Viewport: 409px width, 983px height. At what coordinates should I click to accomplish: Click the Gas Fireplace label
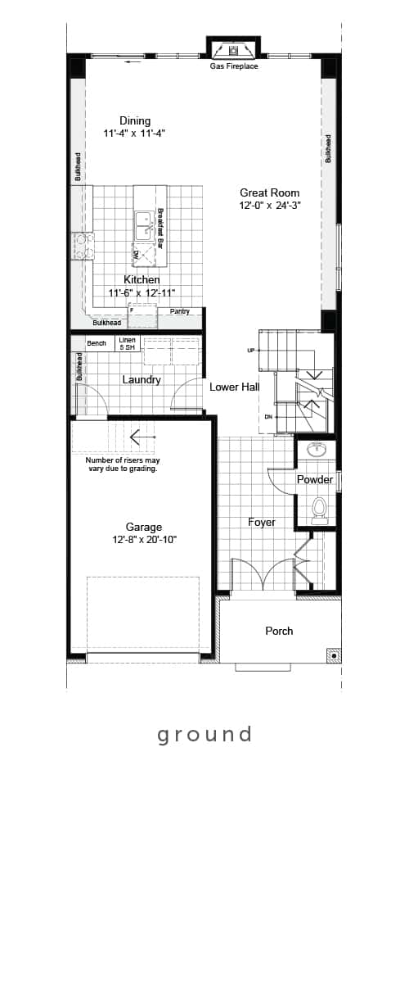tap(234, 66)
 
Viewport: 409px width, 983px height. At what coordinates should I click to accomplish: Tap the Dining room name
tap(135, 120)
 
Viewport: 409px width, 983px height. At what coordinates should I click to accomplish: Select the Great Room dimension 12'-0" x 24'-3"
tap(270, 206)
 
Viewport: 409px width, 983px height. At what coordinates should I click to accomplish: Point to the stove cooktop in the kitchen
tap(83, 245)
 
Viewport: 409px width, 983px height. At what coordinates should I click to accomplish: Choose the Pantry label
tap(180, 311)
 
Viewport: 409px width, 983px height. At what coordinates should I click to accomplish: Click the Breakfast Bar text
tap(160, 229)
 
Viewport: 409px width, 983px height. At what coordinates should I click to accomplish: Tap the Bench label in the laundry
tap(97, 343)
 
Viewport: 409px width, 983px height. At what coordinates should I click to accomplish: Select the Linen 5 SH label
tap(127, 343)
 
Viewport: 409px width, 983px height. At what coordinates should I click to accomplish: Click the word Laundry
tap(142, 379)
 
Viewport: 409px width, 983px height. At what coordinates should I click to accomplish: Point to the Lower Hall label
tap(235, 387)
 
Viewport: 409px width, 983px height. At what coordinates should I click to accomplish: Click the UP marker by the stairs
tap(251, 351)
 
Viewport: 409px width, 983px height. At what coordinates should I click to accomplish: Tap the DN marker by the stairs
tap(268, 416)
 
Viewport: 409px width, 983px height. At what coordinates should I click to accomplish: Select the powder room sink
tap(316, 450)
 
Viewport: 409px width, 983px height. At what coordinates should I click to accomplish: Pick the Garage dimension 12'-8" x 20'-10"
tap(144, 539)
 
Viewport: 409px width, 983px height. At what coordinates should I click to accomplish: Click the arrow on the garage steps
tap(142, 437)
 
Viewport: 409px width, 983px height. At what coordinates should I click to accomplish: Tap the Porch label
tap(279, 631)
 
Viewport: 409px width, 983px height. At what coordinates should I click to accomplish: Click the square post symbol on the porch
tap(334, 655)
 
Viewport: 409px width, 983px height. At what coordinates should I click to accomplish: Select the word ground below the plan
tap(204, 734)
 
